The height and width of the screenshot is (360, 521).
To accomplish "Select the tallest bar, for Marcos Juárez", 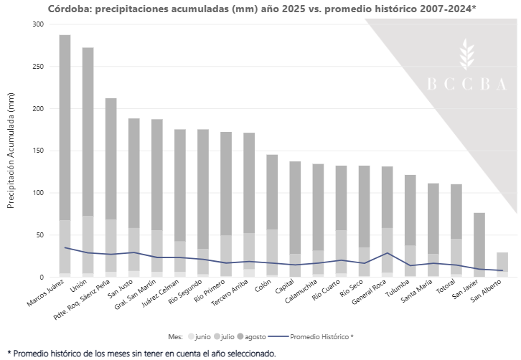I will (x=65, y=143).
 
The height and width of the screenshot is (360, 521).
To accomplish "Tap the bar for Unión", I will (x=88, y=158).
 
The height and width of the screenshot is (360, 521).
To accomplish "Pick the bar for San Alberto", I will (x=502, y=264).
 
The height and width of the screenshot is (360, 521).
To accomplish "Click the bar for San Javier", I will (x=479, y=244).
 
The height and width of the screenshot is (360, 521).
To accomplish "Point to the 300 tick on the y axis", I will (x=38, y=24).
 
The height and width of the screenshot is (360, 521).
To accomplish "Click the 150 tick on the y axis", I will (x=38, y=151).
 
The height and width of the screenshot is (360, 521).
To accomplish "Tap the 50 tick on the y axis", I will (x=40, y=235).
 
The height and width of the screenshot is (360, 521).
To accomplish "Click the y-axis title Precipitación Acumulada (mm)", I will (x=11, y=151).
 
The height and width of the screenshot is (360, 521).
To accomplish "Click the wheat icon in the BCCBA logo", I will (x=467, y=55).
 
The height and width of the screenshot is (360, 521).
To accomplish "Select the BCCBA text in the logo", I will (x=466, y=84).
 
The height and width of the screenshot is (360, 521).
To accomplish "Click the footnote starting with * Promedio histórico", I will (x=141, y=353).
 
